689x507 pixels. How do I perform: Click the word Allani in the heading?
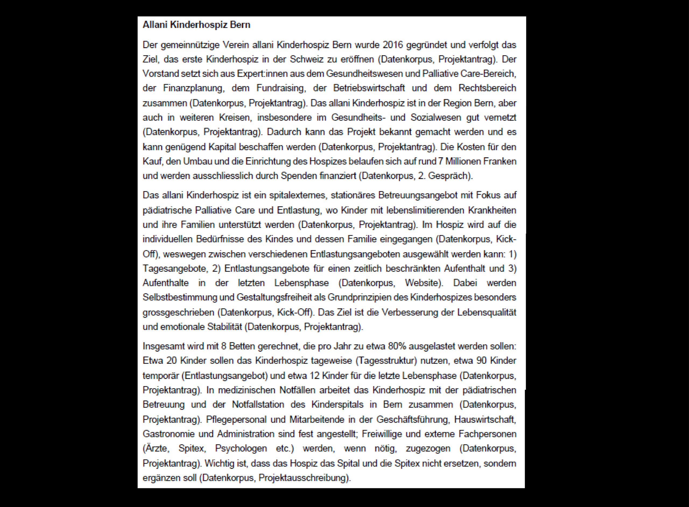pyautogui.click(x=155, y=25)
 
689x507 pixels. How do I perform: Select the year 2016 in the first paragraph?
pyautogui.click(x=392, y=45)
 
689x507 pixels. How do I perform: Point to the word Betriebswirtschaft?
pyautogui.click(x=369, y=88)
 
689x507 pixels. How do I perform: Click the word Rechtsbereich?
pyautogui.click(x=487, y=88)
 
